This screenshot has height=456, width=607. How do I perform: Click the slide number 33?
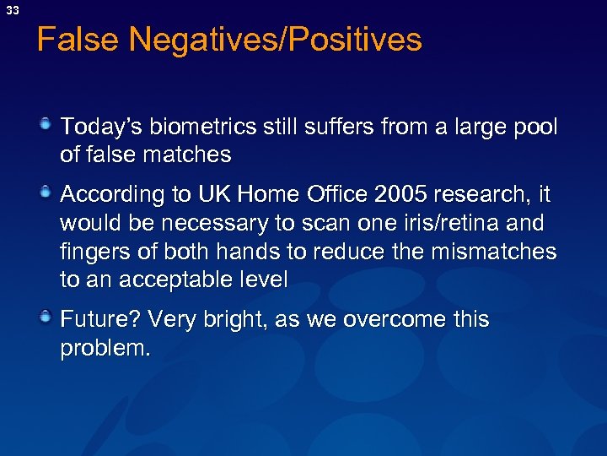pos(13,9)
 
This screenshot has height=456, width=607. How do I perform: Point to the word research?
pos(486,195)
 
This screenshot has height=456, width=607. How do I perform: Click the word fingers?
pos(93,252)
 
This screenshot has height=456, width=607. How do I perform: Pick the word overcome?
pos(385,320)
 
